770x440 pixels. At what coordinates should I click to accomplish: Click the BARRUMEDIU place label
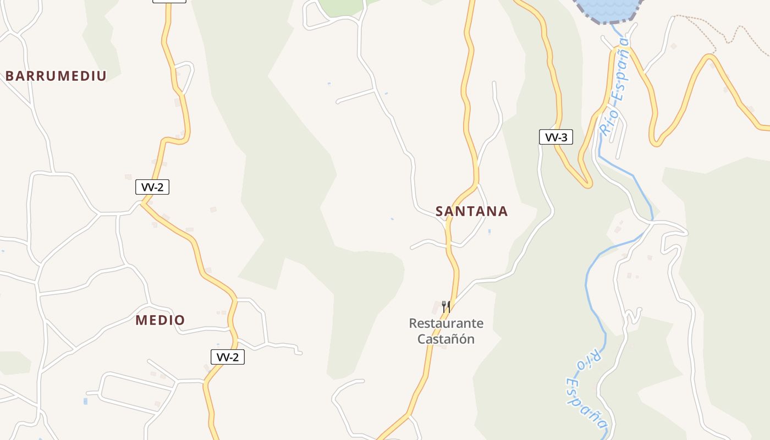click(x=56, y=76)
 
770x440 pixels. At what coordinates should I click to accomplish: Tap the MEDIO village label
click(x=160, y=320)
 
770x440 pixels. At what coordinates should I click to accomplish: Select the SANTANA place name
click(x=471, y=211)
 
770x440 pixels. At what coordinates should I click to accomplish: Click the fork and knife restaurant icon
click(x=446, y=306)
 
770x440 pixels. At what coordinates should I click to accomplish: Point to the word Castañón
click(x=446, y=339)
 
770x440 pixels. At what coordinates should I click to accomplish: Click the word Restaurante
click(x=446, y=323)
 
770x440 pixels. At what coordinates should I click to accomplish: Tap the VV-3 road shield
click(x=555, y=137)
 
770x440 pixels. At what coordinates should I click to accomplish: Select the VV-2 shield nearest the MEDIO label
click(x=227, y=357)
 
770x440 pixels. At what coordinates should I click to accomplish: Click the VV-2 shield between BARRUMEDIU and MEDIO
click(x=152, y=187)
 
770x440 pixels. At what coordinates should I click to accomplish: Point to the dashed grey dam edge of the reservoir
click(x=594, y=20)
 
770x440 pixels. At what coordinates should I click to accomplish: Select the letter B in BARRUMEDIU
click(x=9, y=76)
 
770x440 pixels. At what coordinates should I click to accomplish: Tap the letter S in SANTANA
click(x=439, y=211)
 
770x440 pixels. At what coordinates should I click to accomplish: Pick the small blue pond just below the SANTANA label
click(x=489, y=232)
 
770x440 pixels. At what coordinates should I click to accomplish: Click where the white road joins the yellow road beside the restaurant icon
click(x=455, y=300)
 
